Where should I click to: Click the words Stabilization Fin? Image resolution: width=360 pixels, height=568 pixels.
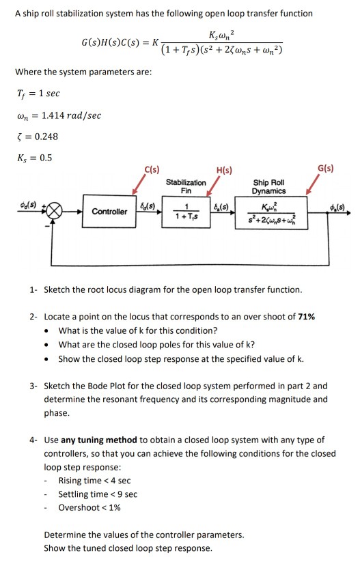[186, 186]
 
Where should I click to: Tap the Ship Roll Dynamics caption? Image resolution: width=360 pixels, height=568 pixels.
[269, 186]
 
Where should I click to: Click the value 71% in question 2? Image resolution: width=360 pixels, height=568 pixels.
[305, 317]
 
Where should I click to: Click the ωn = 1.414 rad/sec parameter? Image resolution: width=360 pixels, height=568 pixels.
[57, 115]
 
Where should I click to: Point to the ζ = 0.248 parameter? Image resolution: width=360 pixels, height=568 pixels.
[36, 137]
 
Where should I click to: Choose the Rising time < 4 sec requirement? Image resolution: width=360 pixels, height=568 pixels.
[94, 481]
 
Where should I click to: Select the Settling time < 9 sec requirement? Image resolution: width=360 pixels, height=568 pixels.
[97, 494]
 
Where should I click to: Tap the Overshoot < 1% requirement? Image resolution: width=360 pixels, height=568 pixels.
[89, 507]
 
